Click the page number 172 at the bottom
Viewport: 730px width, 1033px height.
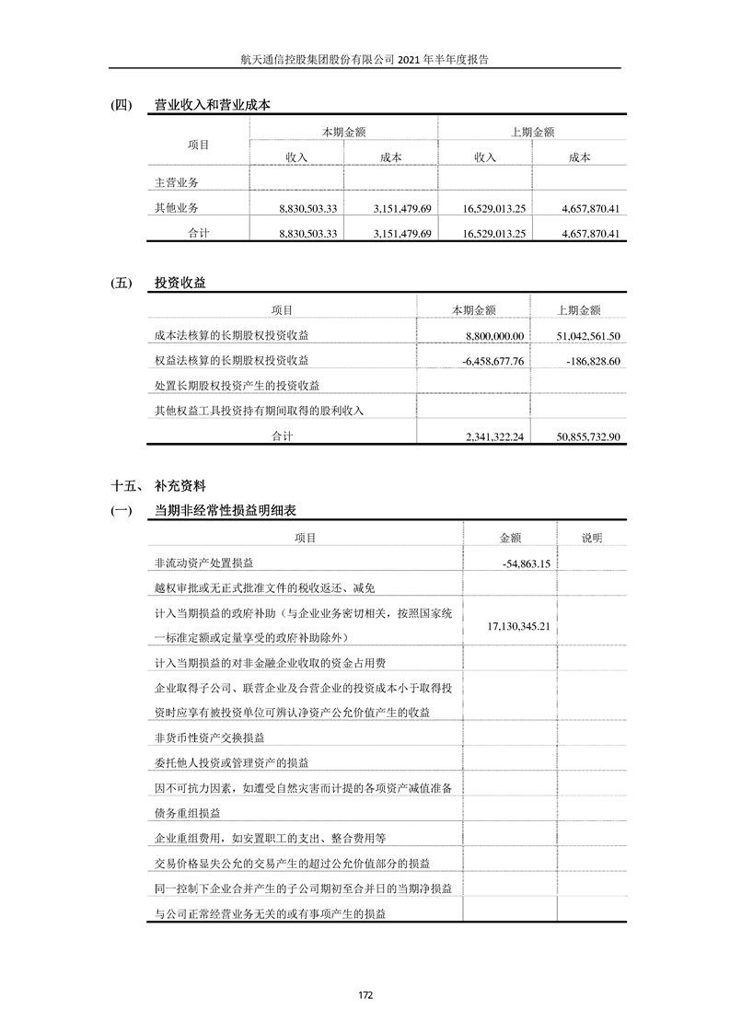pyautogui.click(x=365, y=994)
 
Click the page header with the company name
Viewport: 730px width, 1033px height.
pyautogui.click(x=365, y=58)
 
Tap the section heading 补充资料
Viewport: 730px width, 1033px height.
pyautogui.click(x=180, y=485)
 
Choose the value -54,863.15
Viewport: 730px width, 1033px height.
pyautogui.click(x=527, y=563)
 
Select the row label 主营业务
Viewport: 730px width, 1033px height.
pyautogui.click(x=177, y=183)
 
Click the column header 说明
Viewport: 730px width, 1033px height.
pyautogui.click(x=591, y=538)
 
